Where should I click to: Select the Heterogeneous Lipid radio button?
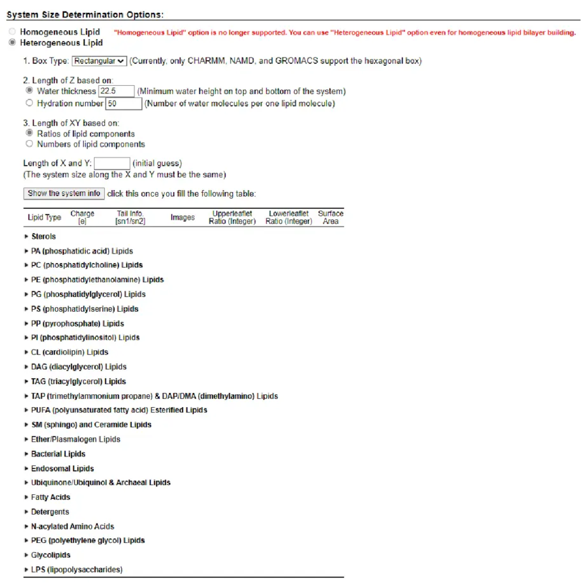click(11, 43)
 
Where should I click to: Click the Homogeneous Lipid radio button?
click(11, 32)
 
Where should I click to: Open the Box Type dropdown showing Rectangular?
click(99, 61)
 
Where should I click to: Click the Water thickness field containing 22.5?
click(116, 91)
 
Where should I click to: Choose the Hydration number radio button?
click(29, 103)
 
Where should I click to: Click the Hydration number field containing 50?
click(124, 103)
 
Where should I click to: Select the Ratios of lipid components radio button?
click(29, 134)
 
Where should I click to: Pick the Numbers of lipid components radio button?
click(29, 144)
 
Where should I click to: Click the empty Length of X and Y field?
click(111, 164)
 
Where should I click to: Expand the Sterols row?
click(43, 237)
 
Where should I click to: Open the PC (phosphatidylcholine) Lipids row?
click(86, 265)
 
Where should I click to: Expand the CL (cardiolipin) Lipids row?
click(70, 352)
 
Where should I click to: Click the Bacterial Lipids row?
click(58, 454)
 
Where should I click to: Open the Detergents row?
click(50, 512)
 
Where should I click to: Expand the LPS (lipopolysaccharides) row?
click(76, 569)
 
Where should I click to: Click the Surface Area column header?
click(330, 217)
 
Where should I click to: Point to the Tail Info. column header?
click(130, 217)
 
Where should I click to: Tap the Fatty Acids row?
click(51, 497)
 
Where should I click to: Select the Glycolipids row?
click(51, 555)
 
